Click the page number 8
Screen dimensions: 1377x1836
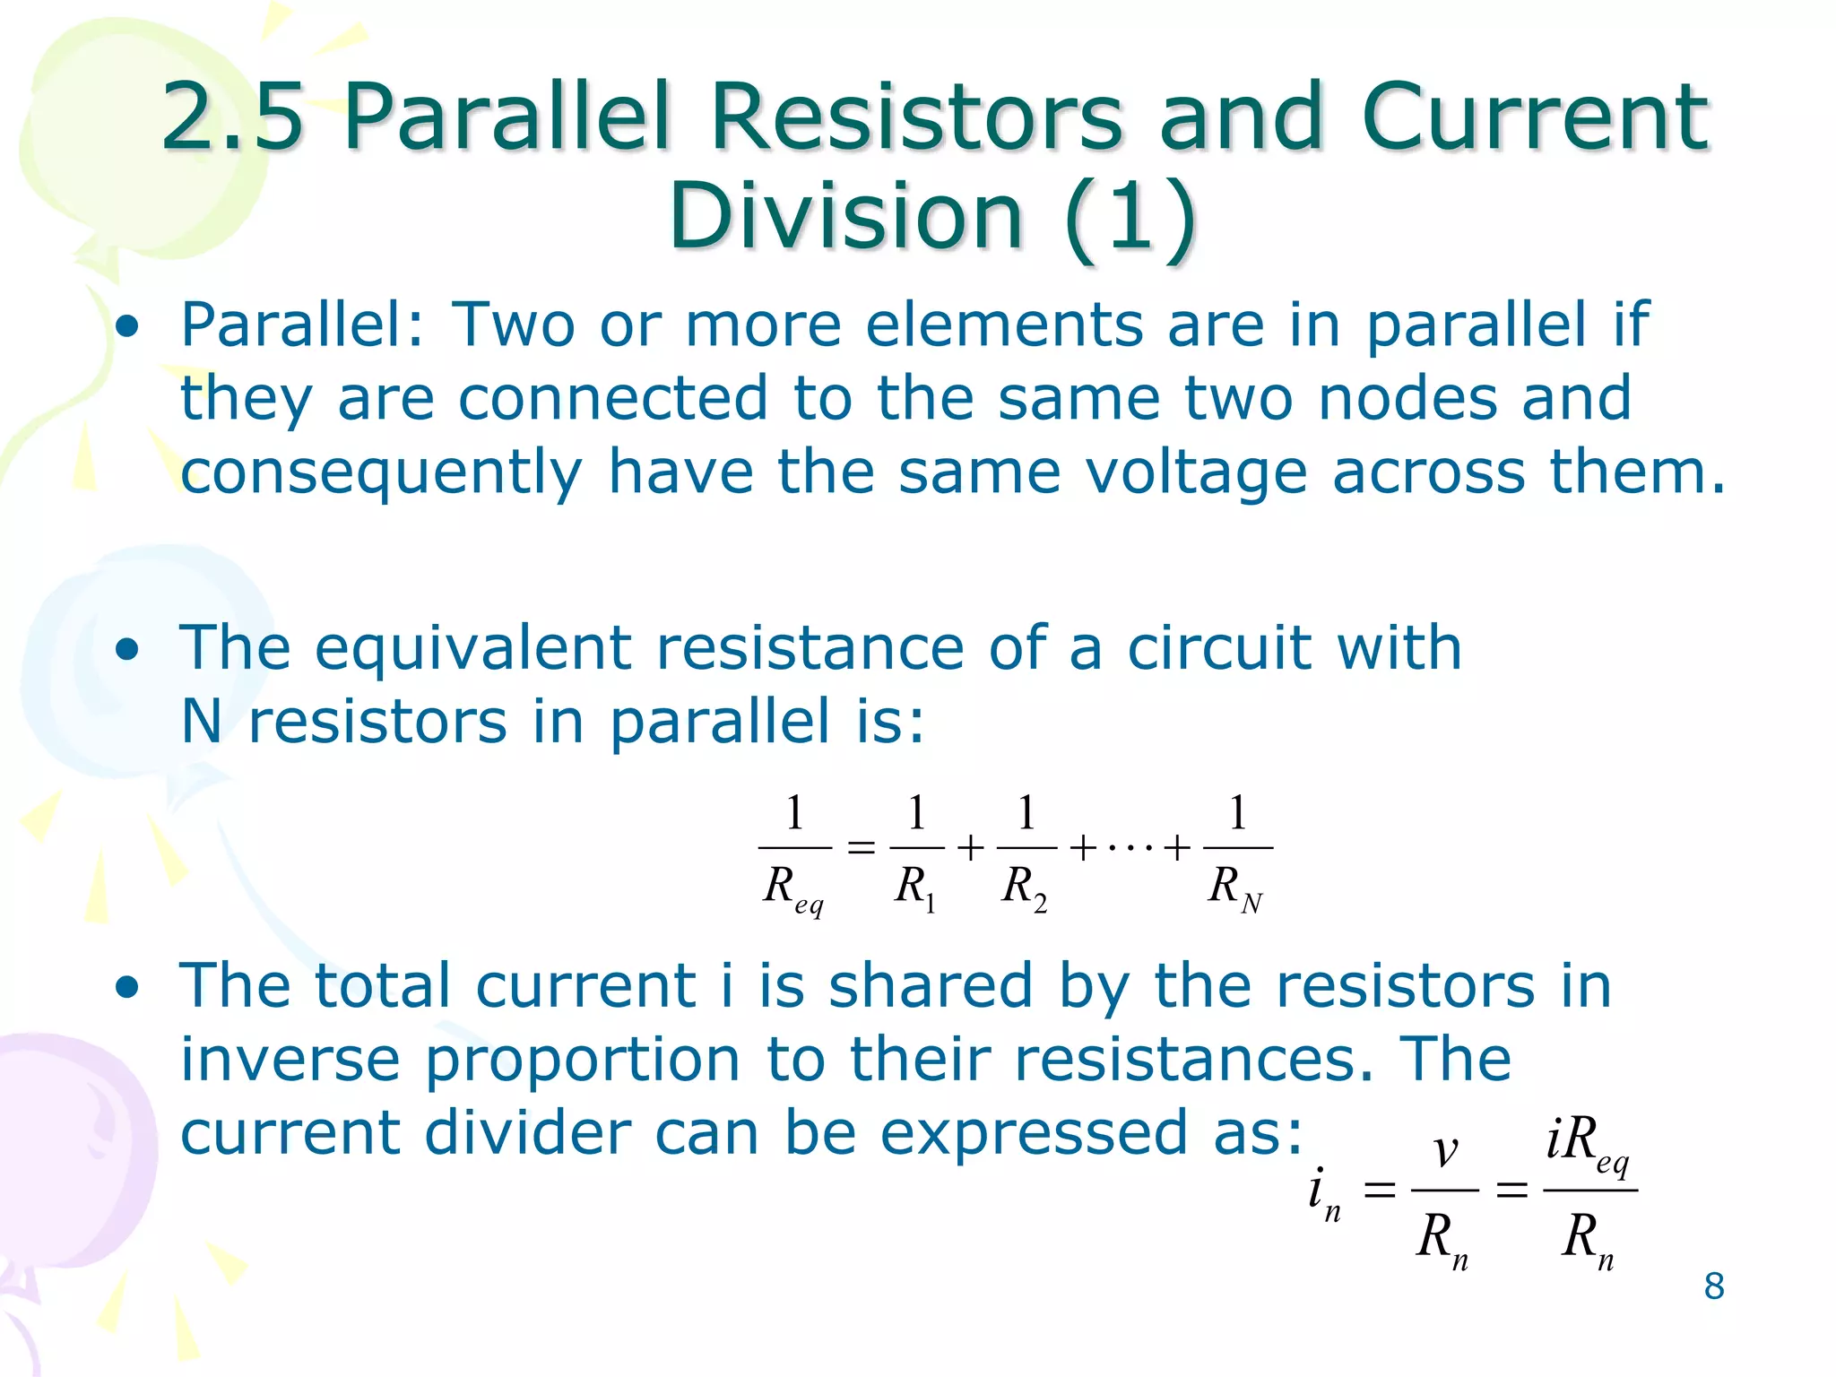coord(1713,1286)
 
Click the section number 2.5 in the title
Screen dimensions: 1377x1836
coord(233,117)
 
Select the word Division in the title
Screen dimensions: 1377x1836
coord(846,216)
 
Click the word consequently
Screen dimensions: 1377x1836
coord(381,472)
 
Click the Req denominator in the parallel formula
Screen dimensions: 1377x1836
coord(792,890)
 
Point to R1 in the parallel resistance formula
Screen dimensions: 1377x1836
coord(915,888)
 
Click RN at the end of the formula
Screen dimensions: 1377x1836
coord(1235,888)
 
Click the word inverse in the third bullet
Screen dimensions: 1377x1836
coord(290,1060)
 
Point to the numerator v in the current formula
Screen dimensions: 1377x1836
coord(1444,1150)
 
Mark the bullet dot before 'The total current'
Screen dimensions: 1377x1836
coord(127,987)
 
